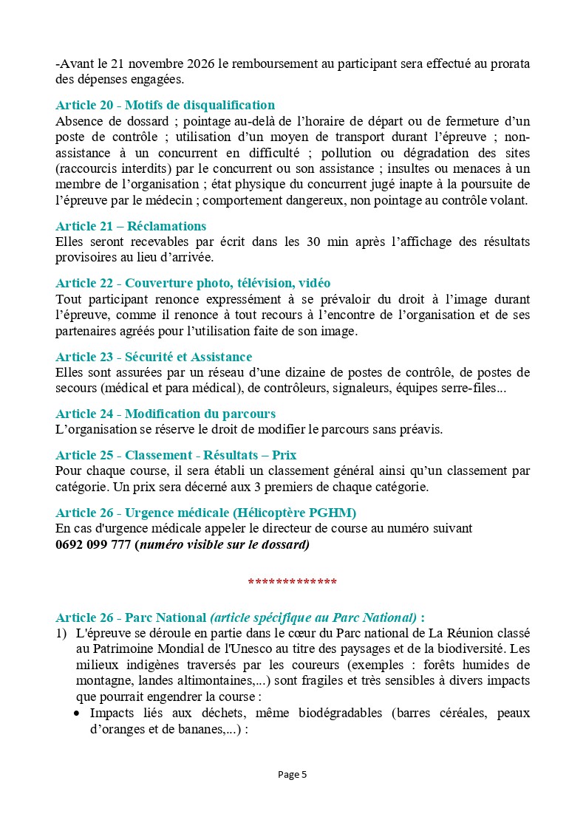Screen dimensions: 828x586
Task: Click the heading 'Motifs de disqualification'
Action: tap(165, 105)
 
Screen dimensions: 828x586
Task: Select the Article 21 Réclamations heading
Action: tap(131, 226)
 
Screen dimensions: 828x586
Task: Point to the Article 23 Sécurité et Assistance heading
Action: tap(154, 357)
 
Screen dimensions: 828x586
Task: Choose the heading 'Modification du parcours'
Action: tap(166, 414)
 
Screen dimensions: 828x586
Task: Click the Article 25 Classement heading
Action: tap(176, 455)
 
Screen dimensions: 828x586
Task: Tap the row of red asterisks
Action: tap(293, 582)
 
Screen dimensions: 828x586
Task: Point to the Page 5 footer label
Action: tap(293, 774)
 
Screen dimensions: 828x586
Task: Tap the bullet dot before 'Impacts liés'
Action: tap(78, 714)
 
